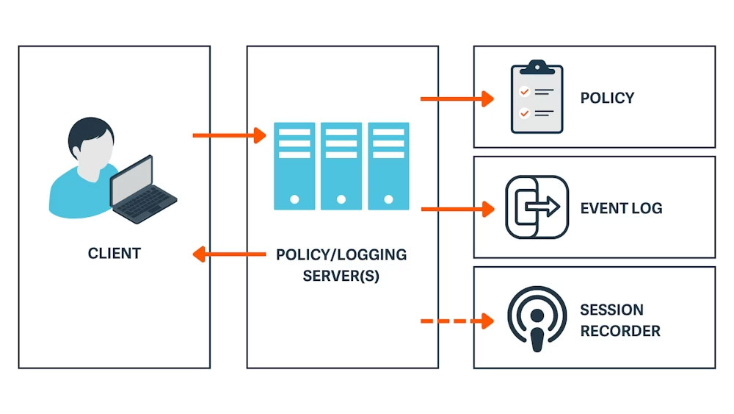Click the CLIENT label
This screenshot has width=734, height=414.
coord(114,254)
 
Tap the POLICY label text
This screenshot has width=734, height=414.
coord(607,98)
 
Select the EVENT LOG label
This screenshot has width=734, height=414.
coord(621,208)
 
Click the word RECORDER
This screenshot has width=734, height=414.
coord(620,331)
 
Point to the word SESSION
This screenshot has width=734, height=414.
coord(611,310)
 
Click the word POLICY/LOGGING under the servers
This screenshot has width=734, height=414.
coord(341,255)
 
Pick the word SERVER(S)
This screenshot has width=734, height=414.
coord(341,277)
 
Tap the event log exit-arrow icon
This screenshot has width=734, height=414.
coord(537,207)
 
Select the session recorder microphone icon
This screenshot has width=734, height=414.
coord(537,320)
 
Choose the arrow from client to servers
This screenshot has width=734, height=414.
coord(228,135)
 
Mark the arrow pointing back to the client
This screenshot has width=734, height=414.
coord(228,254)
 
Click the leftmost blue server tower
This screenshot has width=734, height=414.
coord(294,166)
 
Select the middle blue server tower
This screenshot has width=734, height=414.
coord(341,166)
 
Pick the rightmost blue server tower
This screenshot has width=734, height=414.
coord(388,166)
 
